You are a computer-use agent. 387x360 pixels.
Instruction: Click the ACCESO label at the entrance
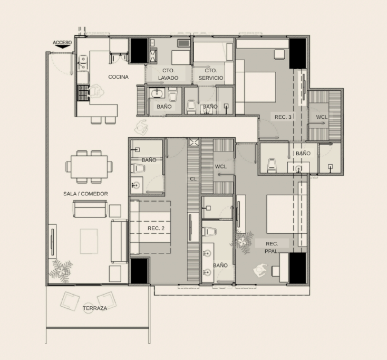click(x=62, y=43)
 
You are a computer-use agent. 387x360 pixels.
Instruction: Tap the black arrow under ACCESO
click(x=62, y=46)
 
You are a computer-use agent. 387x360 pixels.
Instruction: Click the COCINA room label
click(x=119, y=77)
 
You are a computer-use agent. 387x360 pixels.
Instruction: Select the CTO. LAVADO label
click(x=168, y=74)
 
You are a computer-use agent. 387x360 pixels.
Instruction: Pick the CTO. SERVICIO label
click(x=211, y=74)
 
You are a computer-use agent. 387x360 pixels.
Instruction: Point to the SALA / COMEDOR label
click(x=85, y=194)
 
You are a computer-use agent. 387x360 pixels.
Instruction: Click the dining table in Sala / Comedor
click(x=89, y=166)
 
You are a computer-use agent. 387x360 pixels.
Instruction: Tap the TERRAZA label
click(x=95, y=308)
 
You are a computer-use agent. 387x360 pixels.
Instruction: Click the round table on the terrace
click(x=88, y=308)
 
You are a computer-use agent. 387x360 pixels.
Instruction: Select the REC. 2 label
click(x=156, y=229)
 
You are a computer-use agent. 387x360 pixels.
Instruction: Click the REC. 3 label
click(x=283, y=117)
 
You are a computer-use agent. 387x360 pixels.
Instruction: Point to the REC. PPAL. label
click(x=272, y=248)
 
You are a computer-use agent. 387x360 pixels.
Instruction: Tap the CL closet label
click(x=193, y=178)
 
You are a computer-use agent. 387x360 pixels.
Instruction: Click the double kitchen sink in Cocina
click(x=83, y=63)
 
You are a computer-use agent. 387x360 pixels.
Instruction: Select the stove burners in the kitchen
click(x=83, y=93)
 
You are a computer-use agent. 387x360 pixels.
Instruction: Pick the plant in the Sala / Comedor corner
click(x=61, y=271)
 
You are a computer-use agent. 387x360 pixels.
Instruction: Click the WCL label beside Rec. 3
click(x=322, y=117)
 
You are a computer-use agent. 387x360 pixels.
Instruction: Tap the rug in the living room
click(x=89, y=241)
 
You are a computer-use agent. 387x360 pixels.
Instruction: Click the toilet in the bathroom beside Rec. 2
click(x=138, y=169)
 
